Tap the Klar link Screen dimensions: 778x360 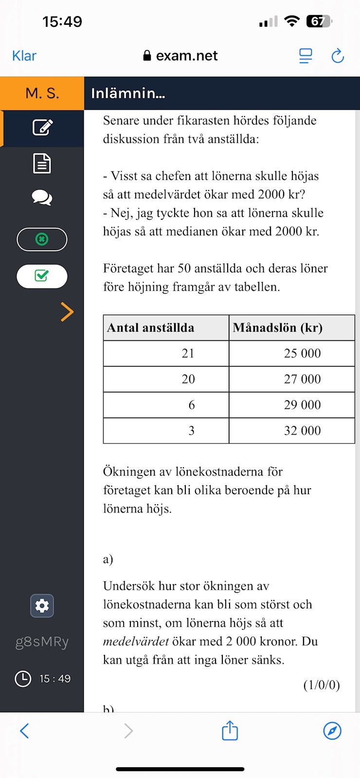click(24, 56)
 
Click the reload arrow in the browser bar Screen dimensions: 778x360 click(338, 56)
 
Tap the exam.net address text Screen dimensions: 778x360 click(186, 56)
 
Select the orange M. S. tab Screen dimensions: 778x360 click(42, 93)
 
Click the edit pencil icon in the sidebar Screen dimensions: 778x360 click(42, 127)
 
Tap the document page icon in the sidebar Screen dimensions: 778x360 click(42, 163)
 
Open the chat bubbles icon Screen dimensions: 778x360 click(42, 198)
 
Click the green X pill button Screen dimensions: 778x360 click(42, 239)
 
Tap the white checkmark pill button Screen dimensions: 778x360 click(42, 276)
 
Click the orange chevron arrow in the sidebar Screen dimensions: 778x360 click(67, 312)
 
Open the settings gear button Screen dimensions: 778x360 click(42, 606)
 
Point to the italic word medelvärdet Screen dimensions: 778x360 click(136, 641)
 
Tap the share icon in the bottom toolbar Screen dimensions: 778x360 click(230, 731)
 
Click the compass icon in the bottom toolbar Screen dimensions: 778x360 click(332, 731)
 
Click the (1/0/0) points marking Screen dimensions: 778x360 click(321, 685)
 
